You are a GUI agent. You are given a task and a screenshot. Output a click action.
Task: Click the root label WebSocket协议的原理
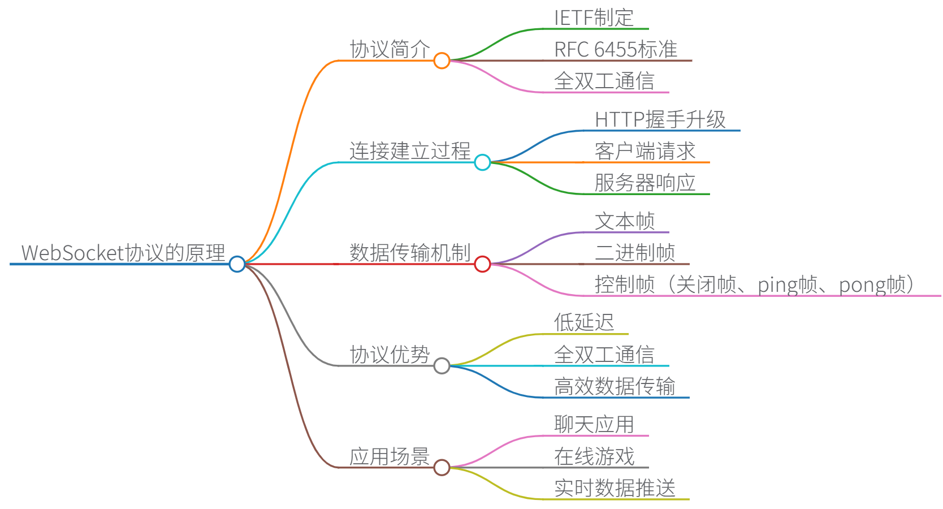(123, 253)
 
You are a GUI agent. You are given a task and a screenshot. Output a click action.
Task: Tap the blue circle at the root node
(237, 264)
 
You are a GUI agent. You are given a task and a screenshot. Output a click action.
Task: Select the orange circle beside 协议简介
(442, 61)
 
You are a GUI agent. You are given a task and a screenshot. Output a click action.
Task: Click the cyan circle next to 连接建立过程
(482, 162)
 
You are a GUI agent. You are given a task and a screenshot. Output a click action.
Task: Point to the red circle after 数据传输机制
(482, 264)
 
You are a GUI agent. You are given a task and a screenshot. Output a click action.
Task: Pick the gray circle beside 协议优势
(442, 366)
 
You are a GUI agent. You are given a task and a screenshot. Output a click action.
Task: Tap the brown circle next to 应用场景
(442, 468)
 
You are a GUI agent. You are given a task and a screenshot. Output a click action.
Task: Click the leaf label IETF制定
(594, 18)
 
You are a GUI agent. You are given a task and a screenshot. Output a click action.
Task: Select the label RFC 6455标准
(616, 50)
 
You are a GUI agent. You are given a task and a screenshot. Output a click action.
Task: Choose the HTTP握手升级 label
(660, 120)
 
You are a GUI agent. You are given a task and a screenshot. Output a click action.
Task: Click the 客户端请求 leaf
(645, 152)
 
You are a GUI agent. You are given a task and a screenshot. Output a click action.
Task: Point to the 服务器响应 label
(645, 183)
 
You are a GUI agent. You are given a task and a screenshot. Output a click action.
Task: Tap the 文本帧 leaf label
(625, 222)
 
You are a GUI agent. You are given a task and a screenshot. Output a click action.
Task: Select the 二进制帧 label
(635, 253)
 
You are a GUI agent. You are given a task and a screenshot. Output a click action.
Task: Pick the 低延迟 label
(584, 323)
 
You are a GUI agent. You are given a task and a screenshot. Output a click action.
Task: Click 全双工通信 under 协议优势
(604, 355)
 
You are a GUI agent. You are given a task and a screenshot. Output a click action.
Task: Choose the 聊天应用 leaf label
(594, 425)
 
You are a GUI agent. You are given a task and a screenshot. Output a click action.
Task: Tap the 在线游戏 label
(594, 456)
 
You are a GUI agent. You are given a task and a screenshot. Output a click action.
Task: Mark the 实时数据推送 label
(615, 488)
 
